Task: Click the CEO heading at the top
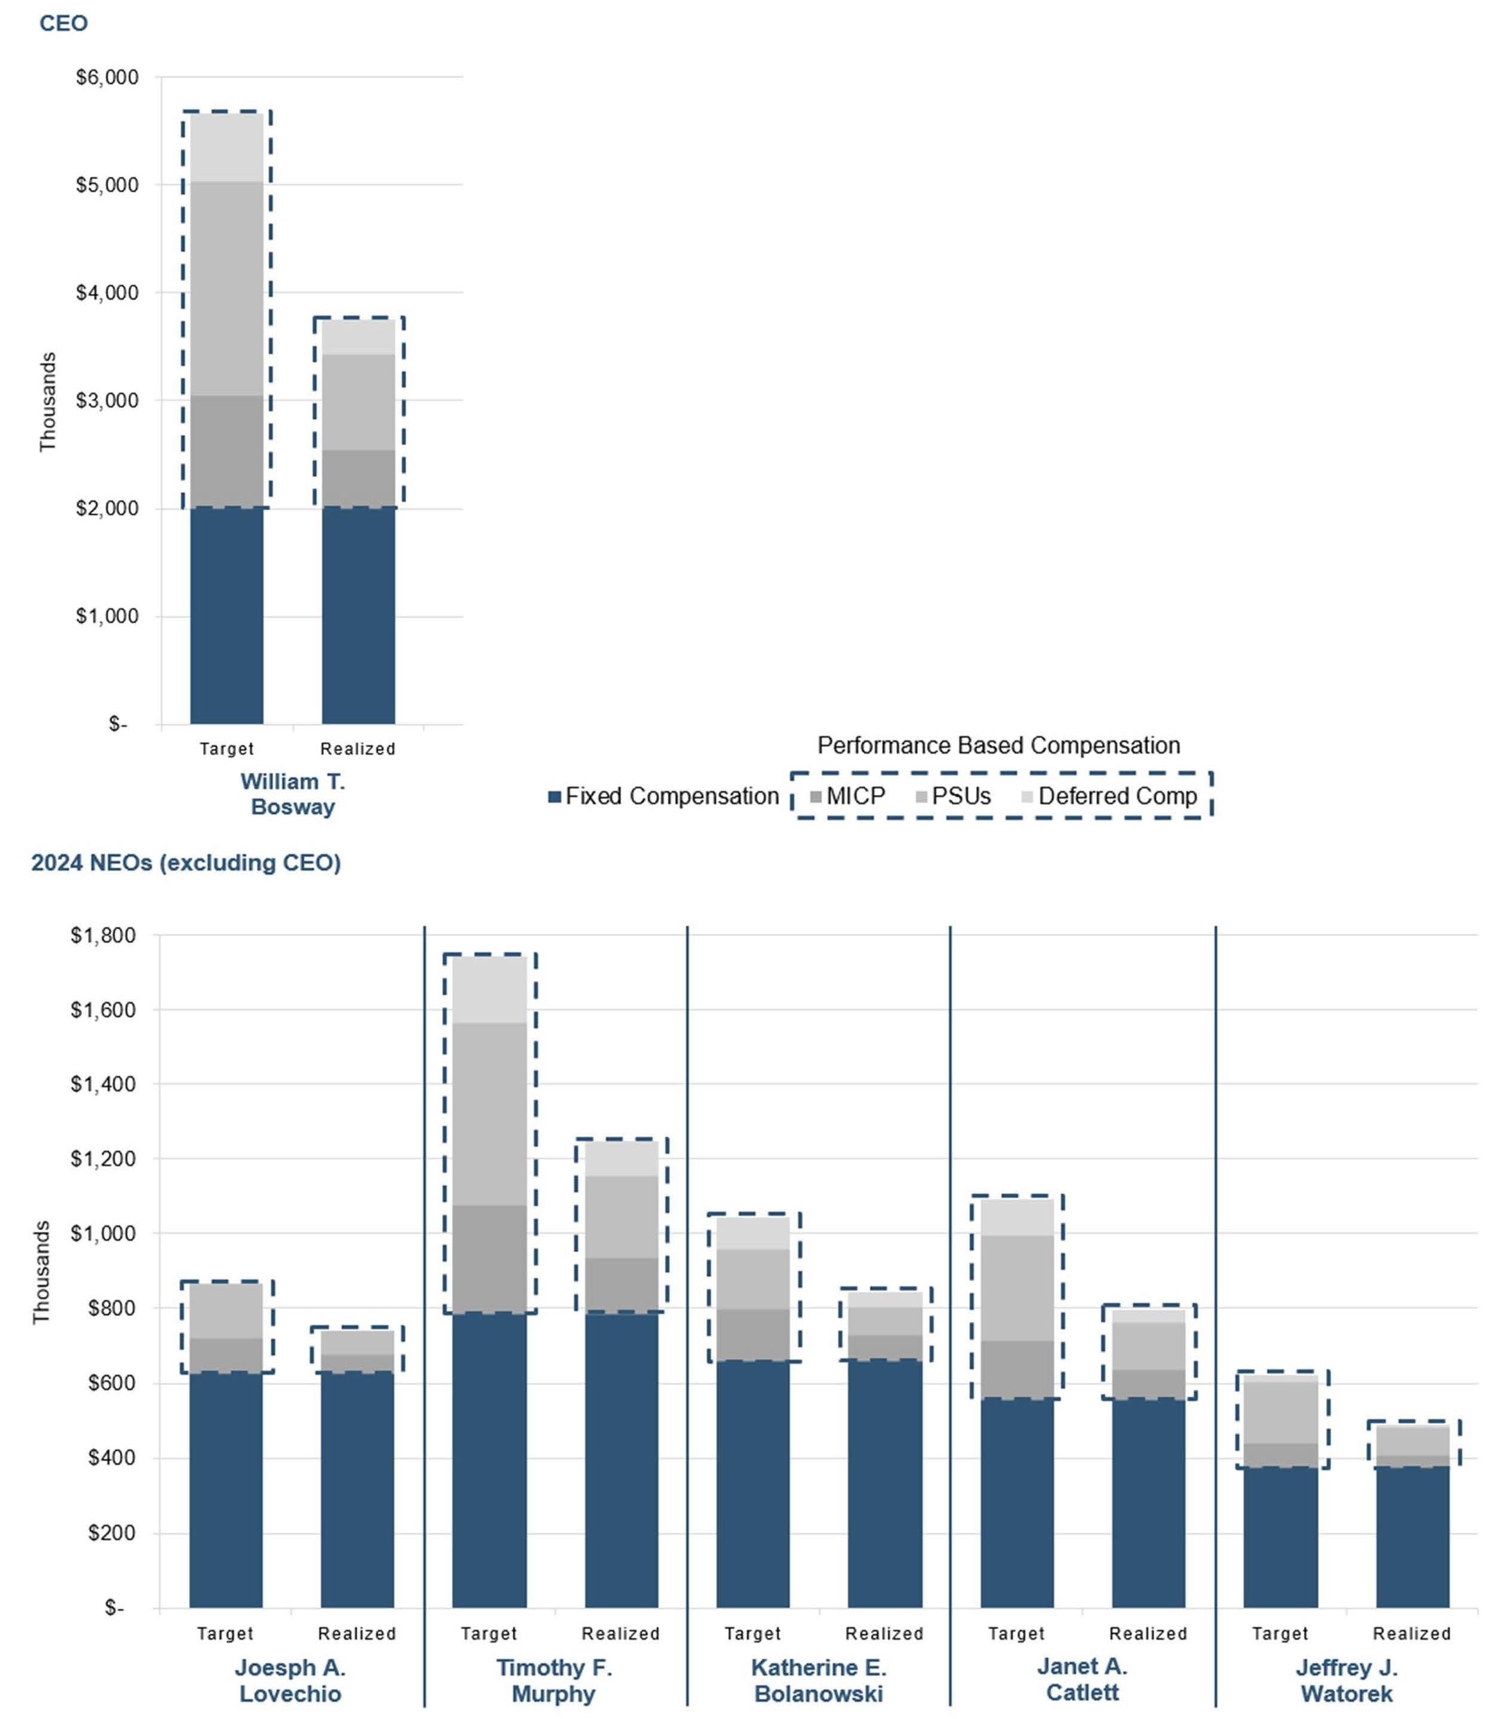63,23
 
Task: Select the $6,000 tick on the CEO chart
107,77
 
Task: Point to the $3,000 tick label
107,401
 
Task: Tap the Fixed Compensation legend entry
664,796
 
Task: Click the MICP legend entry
848,796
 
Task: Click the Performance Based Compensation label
998,745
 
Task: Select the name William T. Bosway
293,794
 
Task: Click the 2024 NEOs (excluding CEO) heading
186,863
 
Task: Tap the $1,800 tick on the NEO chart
103,936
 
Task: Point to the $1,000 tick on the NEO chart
103,1234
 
